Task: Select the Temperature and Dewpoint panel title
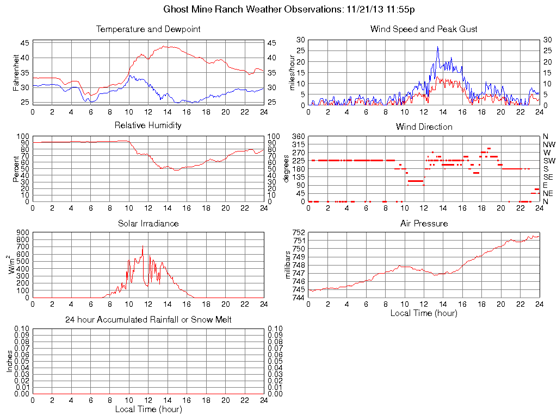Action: (x=148, y=29)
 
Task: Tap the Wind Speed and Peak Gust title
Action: (x=424, y=29)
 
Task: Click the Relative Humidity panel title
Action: (x=148, y=125)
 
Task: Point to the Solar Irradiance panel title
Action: (x=148, y=224)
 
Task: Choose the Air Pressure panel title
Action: (x=424, y=224)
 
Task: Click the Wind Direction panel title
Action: (x=424, y=127)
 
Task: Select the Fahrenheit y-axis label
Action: (x=16, y=72)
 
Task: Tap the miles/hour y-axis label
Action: (x=292, y=72)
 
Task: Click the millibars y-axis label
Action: (x=289, y=265)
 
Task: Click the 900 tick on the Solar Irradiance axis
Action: (x=22, y=232)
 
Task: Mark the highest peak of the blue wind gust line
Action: (x=437, y=47)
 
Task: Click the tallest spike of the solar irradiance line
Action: (x=143, y=246)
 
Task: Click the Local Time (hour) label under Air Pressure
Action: (x=424, y=313)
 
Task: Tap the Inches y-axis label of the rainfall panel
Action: (x=9, y=361)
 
